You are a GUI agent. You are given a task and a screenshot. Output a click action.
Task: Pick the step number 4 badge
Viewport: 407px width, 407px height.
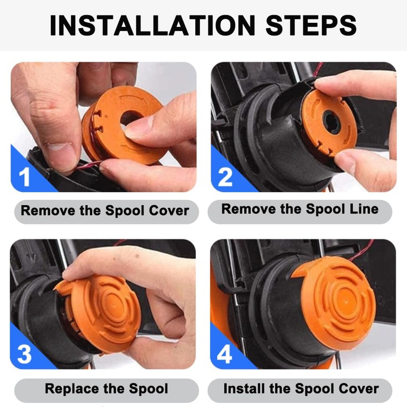coord(224,354)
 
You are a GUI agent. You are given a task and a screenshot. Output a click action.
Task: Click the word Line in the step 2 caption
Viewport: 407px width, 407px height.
coord(362,209)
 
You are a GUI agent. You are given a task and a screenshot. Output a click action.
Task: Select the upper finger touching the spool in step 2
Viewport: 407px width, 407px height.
coord(351,84)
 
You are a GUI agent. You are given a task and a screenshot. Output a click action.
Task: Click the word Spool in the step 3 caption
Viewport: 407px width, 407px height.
coord(147,389)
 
